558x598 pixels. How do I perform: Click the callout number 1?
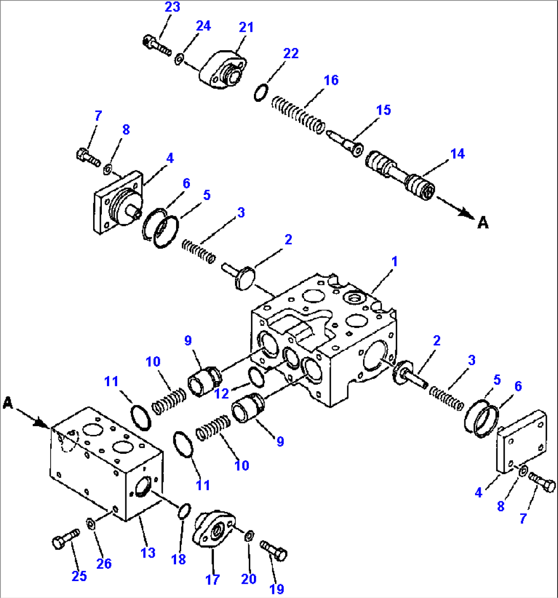[x=394, y=261]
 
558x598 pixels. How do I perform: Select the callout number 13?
[x=148, y=553]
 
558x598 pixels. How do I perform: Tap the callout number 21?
[x=246, y=27]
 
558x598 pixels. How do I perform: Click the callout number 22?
[x=291, y=54]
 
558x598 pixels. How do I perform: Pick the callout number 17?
[x=212, y=580]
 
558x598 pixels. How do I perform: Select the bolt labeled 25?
[x=66, y=539]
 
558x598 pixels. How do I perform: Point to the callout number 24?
[x=204, y=26]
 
